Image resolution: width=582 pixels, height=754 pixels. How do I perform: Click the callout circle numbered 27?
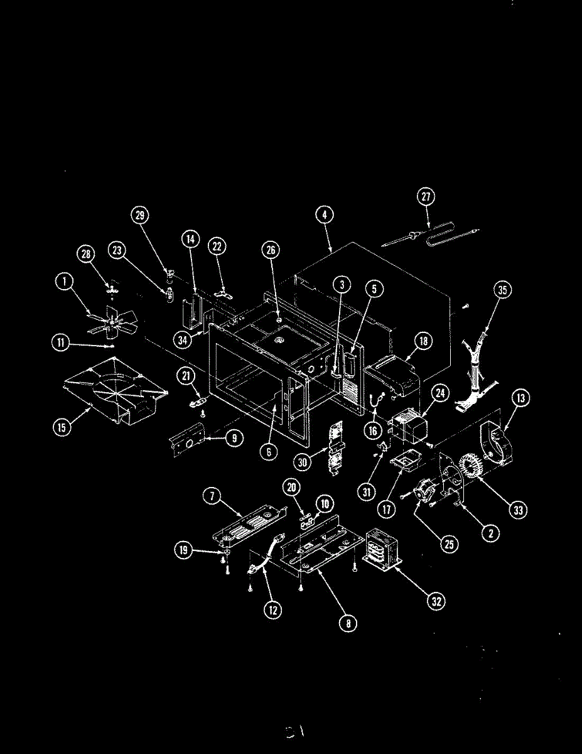[x=426, y=196]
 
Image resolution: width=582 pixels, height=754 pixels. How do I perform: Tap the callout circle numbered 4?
[x=324, y=215]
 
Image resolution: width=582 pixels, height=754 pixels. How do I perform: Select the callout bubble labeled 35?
[x=502, y=290]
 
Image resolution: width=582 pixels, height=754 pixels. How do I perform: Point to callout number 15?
[x=60, y=428]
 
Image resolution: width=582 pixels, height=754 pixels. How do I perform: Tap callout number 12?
[x=272, y=609]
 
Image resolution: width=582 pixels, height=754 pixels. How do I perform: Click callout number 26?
[x=270, y=250]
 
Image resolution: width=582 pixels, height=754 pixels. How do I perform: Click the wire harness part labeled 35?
[x=477, y=371]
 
